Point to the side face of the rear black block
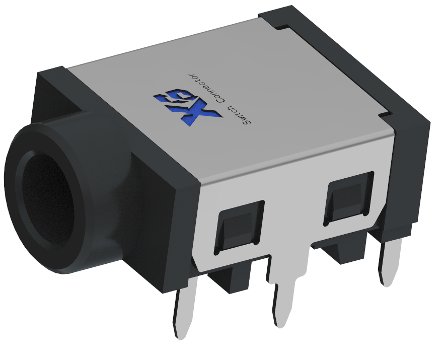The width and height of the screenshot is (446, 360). click(x=413, y=176)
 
